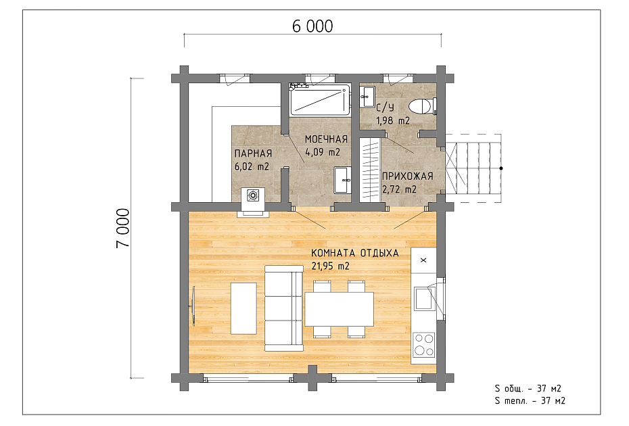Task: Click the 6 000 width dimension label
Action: (x=312, y=26)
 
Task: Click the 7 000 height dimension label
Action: (x=122, y=228)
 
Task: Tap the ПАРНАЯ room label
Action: (x=253, y=153)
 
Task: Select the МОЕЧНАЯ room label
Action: (x=326, y=139)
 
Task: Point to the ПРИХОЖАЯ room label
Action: (x=408, y=176)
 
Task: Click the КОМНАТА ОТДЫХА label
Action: (x=355, y=253)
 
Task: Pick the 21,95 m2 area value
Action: (x=330, y=266)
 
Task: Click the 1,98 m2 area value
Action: (x=393, y=120)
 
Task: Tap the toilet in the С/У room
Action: (x=422, y=107)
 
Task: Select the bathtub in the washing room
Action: (x=320, y=100)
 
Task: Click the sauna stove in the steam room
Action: (x=253, y=195)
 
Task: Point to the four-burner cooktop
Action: (x=424, y=344)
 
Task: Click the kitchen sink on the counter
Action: (x=423, y=298)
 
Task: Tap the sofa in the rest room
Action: (x=283, y=308)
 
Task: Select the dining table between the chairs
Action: (x=340, y=309)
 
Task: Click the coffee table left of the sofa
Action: (x=243, y=308)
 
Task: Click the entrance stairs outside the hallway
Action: (x=473, y=168)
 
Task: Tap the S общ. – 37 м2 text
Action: (x=528, y=388)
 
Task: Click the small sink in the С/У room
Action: (x=367, y=97)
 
